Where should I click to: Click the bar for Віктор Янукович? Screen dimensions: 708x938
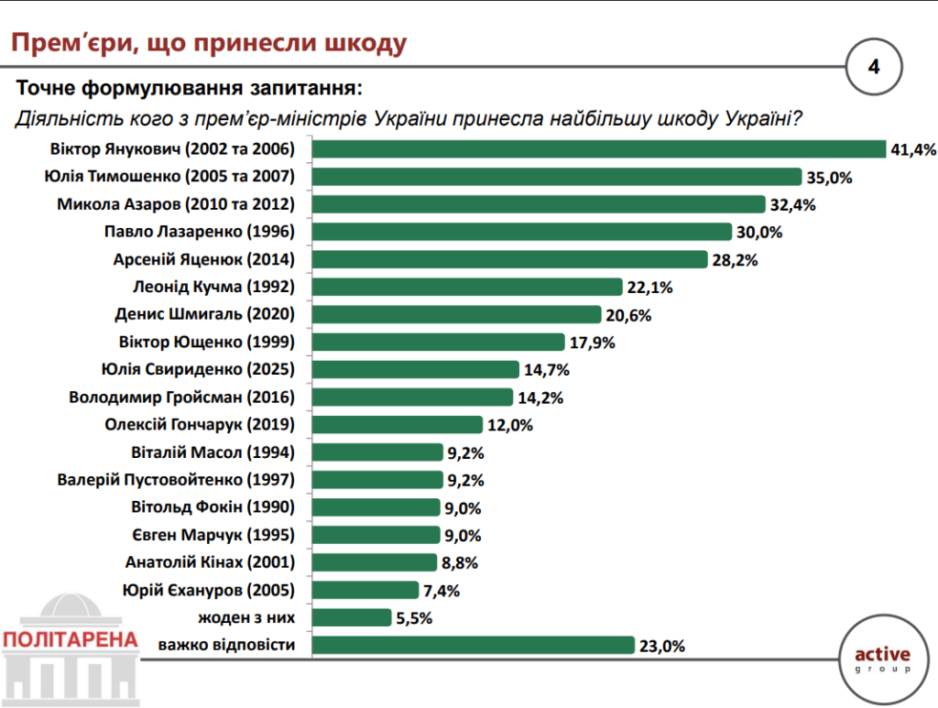point(598,149)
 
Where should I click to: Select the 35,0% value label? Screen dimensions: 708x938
point(830,178)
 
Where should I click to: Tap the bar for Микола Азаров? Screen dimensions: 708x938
point(538,204)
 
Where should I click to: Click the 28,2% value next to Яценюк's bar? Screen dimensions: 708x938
point(735,260)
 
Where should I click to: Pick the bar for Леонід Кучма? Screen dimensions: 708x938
point(467,288)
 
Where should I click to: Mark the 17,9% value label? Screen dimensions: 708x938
point(592,343)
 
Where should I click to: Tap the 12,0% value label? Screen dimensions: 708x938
point(509,425)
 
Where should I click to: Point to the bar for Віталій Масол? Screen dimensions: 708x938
point(376,452)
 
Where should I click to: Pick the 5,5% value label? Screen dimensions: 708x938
point(413,618)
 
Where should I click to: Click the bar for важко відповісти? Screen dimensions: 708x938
point(473,645)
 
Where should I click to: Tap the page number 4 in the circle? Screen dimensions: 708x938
point(873,67)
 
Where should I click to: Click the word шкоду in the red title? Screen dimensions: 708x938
point(358,43)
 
